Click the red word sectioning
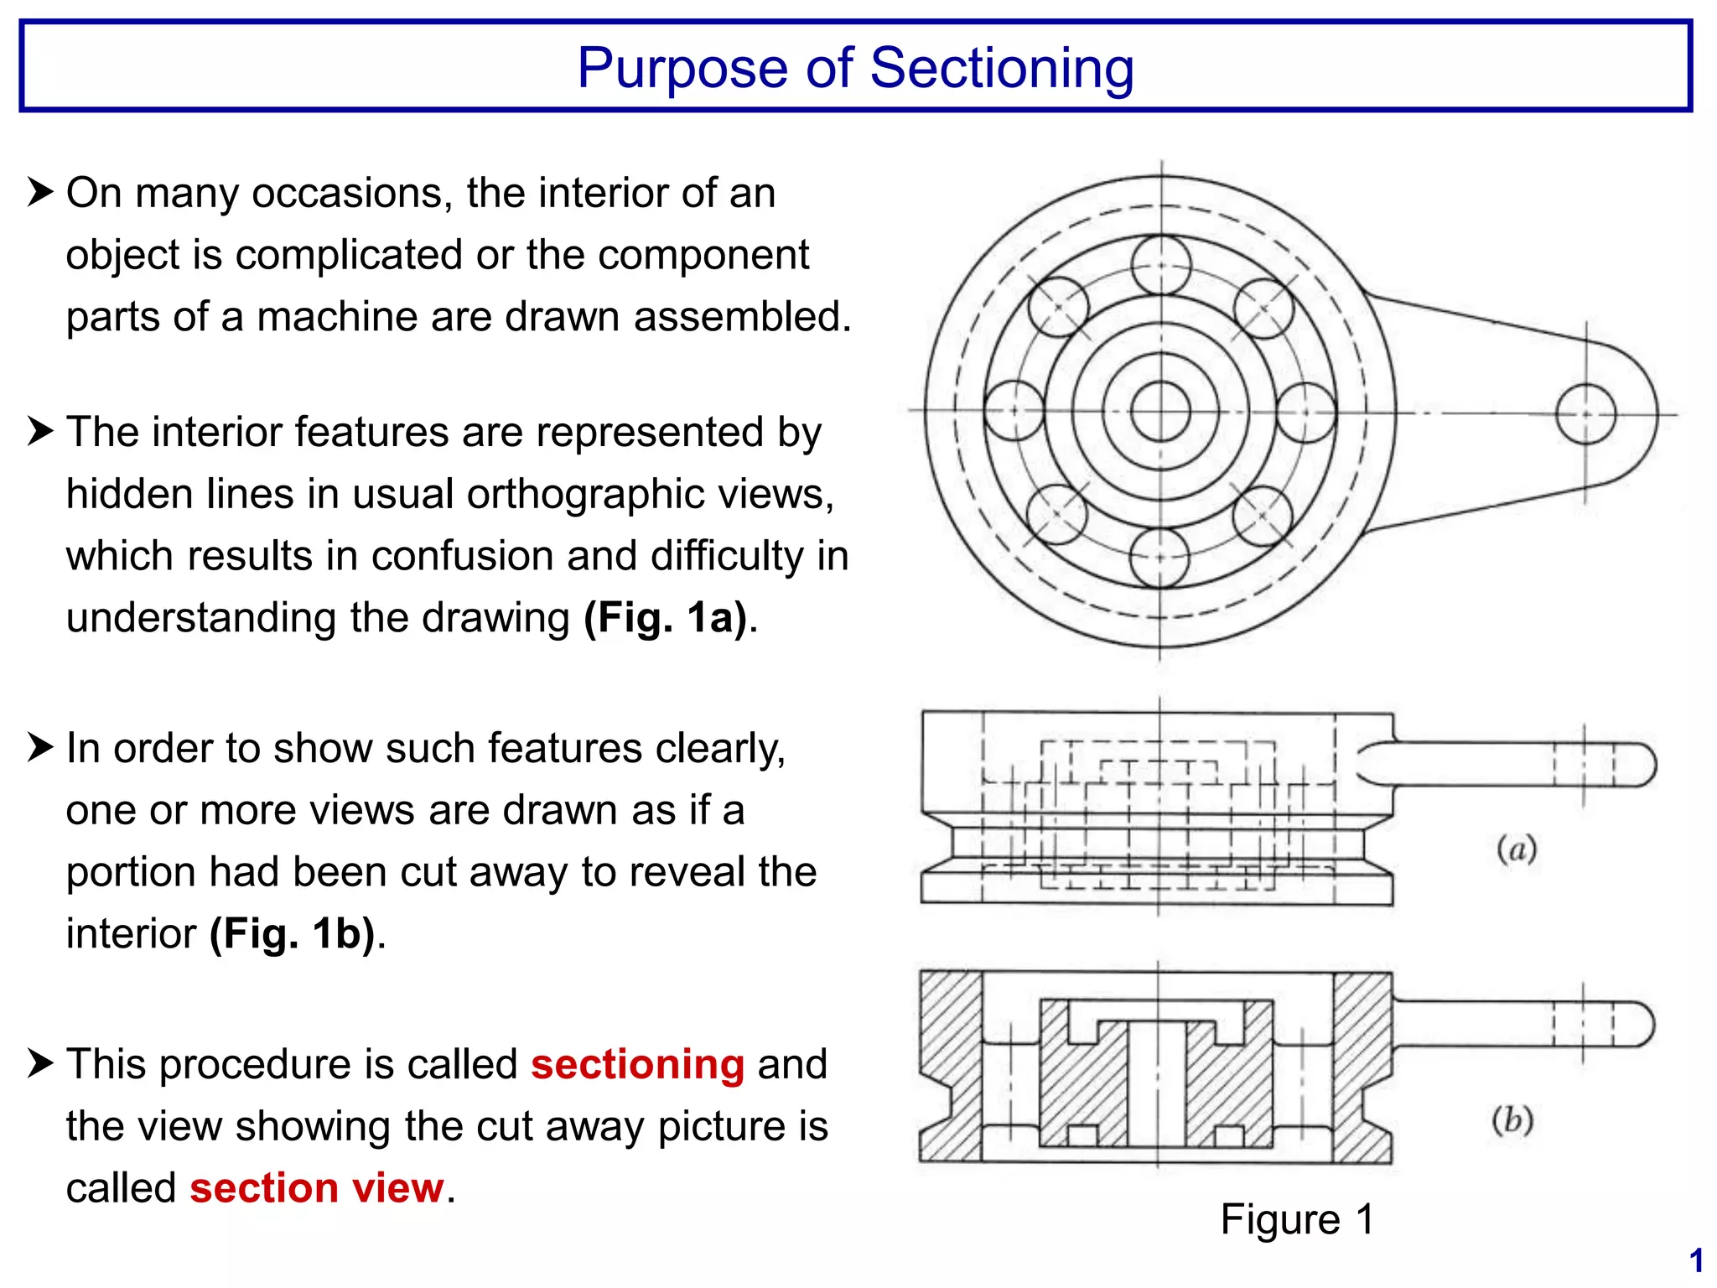coord(637,1065)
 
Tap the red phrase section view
coord(316,1188)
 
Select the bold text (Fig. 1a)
coord(665,618)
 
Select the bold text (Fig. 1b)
coord(292,934)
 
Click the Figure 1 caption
coord(1297,1219)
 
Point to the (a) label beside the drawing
coord(1517,849)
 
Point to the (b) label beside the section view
coord(1512,1120)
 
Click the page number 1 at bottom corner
coord(1696,1261)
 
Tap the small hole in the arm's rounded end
coord(1585,413)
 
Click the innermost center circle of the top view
coord(1160,411)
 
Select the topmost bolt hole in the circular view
coord(1161,265)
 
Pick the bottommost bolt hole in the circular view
coord(1159,558)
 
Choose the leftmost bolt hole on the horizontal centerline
coord(1014,411)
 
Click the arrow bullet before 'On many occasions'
coord(40,192)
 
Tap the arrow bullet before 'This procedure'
coord(40,1063)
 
